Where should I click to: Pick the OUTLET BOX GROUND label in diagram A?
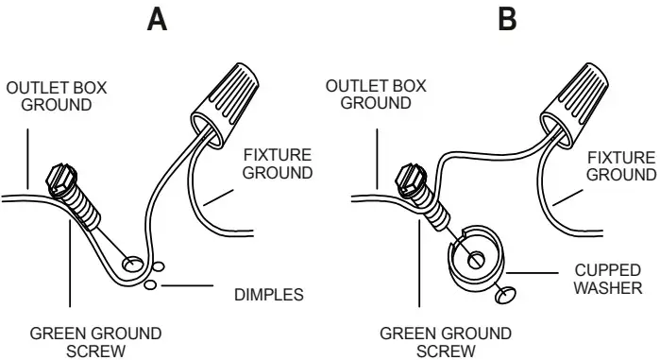(x=56, y=95)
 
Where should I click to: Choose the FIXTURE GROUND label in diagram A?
(x=277, y=163)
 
